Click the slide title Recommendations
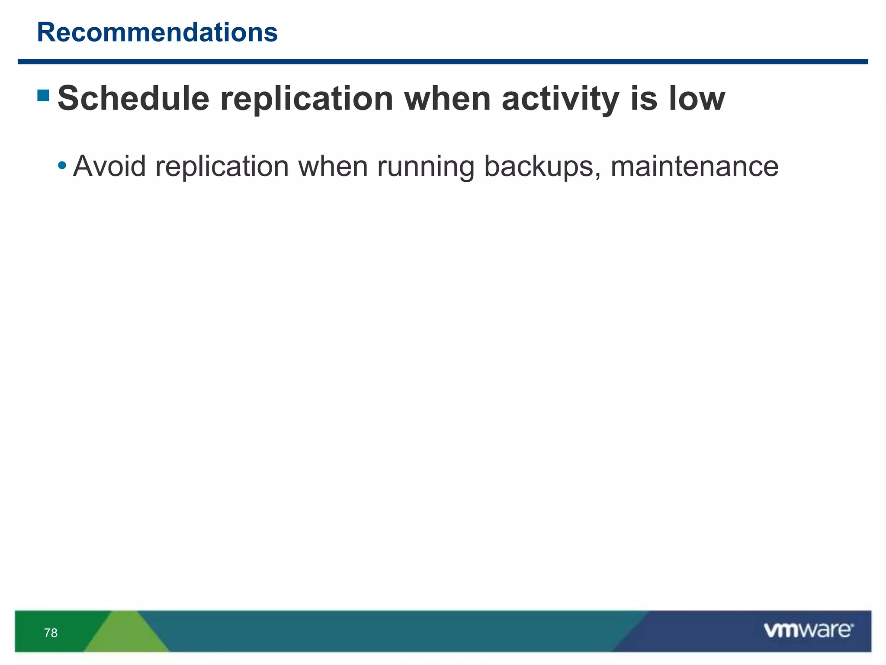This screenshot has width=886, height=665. tap(157, 32)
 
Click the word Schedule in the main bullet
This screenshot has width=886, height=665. tap(133, 98)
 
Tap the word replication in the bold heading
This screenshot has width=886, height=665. tap(307, 99)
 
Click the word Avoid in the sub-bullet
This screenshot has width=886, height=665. tap(109, 166)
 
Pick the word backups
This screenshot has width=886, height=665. tap(539, 166)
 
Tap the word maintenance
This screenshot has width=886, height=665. tap(694, 167)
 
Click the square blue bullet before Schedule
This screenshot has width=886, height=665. tap(43, 95)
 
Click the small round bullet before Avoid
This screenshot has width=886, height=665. tap(62, 165)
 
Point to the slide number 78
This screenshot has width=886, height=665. tap(51, 633)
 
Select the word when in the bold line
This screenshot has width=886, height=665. tap(447, 98)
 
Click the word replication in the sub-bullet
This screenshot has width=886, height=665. tap(222, 167)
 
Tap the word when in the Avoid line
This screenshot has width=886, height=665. tap(333, 166)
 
